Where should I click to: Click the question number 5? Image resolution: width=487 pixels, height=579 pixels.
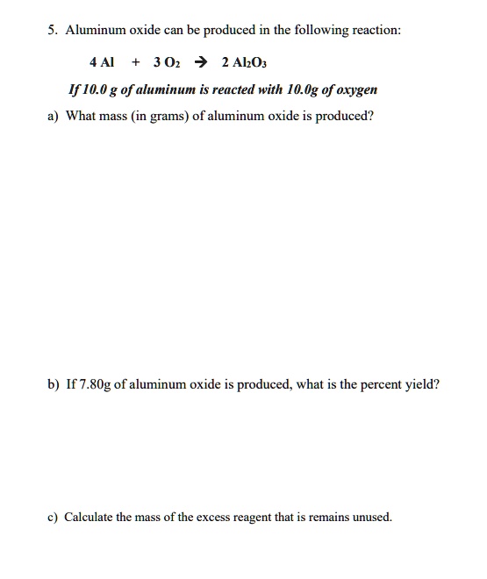54,31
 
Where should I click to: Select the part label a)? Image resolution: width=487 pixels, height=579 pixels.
54,117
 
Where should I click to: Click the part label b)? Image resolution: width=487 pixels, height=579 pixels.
54,383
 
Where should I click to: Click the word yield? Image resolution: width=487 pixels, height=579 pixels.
421,383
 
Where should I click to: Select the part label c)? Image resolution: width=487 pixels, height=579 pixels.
54,517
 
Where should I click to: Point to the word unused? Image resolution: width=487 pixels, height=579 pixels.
370,517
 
